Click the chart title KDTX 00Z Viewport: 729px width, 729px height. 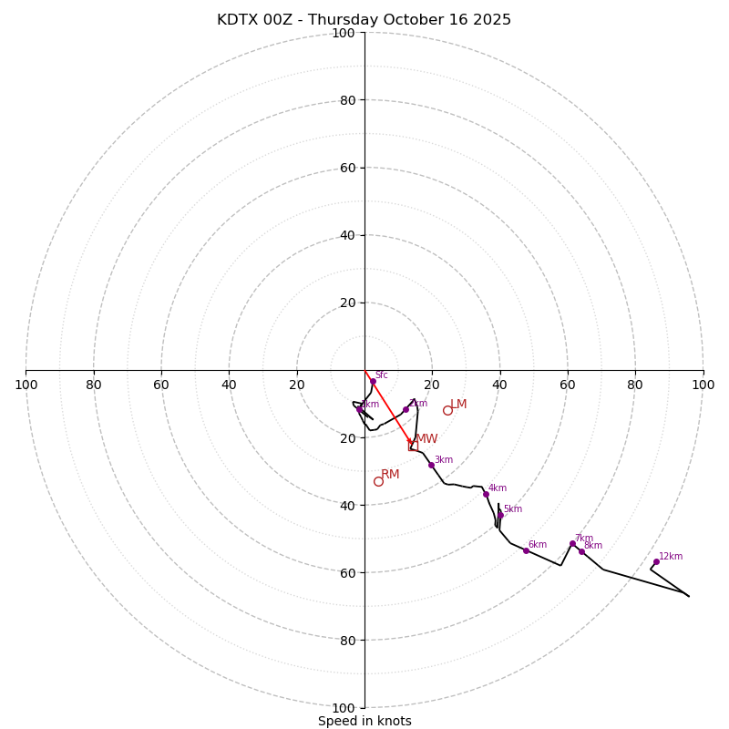tap(364, 20)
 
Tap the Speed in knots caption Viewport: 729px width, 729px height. tap(364, 721)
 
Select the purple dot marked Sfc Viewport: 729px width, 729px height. tap(373, 382)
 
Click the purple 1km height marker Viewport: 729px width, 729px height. tap(360, 409)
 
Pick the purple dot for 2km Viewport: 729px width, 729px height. tap(406, 409)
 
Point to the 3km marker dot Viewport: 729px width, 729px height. tap(431, 465)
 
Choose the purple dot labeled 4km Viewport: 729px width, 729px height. tap(486, 494)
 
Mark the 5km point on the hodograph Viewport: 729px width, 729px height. tap(500, 515)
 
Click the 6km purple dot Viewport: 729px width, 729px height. tap(526, 550)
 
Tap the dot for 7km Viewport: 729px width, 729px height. tap(572, 544)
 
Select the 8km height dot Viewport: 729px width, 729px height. tap(581, 551)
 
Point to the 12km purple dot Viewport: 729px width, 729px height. tap(656, 562)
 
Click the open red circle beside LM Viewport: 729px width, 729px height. tap(447, 410)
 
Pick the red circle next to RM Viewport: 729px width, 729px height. tap(378, 481)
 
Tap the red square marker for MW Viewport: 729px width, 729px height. tap(413, 446)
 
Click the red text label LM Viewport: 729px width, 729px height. tap(458, 404)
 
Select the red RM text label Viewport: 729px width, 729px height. tap(390, 474)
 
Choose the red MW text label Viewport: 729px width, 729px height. tap(426, 439)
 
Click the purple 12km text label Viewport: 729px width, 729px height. tap(671, 556)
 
